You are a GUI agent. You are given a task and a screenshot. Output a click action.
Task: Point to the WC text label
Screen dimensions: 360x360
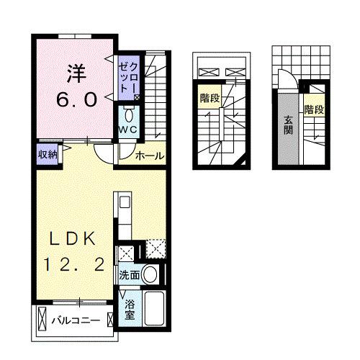tap(128, 129)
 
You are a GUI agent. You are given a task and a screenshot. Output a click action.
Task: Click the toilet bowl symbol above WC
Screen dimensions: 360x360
tap(129, 114)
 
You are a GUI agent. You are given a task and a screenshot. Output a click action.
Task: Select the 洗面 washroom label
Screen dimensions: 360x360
tap(130, 274)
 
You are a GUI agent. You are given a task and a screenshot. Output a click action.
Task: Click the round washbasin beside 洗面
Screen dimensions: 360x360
tap(150, 274)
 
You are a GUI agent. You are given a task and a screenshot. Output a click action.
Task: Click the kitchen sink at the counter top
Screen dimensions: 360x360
tap(122, 202)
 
